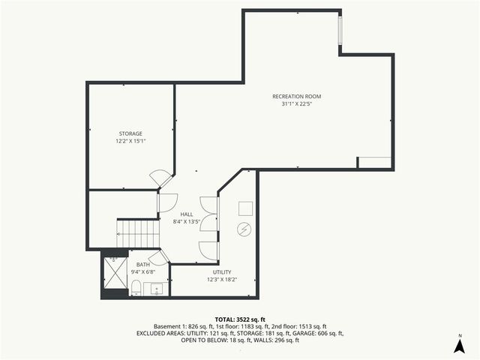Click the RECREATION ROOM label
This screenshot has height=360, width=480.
point(296,96)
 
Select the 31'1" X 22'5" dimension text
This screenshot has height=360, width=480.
point(296,104)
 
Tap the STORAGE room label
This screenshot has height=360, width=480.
point(130,133)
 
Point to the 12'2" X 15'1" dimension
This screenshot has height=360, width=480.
point(130,141)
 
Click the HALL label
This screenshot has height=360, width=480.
point(186,214)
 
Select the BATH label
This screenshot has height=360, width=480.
point(142,264)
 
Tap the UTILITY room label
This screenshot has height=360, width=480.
point(221,271)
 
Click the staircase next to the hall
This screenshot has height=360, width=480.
point(138,233)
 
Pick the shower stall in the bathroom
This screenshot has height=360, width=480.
point(115,271)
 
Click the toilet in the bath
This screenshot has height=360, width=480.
point(136,288)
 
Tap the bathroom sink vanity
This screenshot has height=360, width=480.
point(158,288)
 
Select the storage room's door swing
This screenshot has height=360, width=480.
point(160,178)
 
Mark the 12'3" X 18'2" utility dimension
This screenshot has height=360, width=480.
point(221,280)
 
